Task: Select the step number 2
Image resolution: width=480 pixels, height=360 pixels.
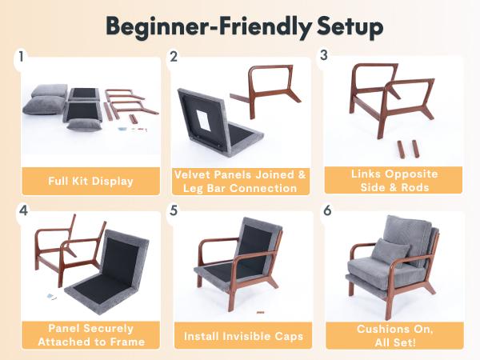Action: click(x=173, y=57)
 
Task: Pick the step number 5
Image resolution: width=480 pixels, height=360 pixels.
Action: click(x=173, y=212)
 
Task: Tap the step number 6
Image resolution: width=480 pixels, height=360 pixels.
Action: click(x=325, y=212)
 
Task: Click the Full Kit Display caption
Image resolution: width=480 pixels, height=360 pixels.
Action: click(x=88, y=181)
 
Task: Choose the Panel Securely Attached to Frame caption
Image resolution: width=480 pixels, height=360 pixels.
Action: click(x=88, y=335)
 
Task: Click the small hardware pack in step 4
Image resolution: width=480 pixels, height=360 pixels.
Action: click(x=50, y=297)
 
